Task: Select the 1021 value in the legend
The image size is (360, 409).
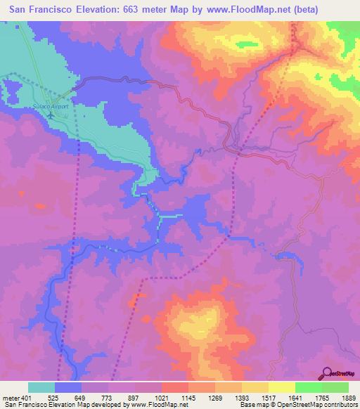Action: pos(162,398)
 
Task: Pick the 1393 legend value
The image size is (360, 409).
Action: pos(242,398)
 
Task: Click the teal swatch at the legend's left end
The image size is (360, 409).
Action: pos(41,387)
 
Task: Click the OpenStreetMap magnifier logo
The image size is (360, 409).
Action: pos(327,372)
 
